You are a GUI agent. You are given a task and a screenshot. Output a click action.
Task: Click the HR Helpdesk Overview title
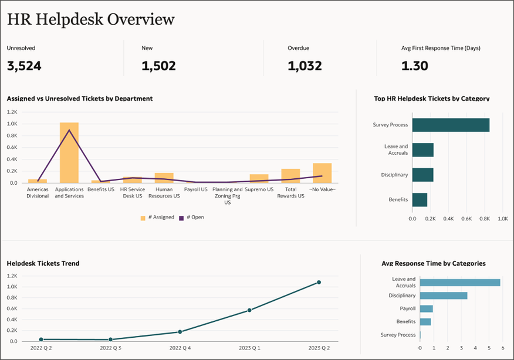[91, 19]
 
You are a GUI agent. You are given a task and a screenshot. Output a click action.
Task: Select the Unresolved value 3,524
[24, 66]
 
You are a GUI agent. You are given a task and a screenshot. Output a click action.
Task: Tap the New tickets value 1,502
[158, 66]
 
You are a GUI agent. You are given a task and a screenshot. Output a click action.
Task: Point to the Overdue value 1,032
[305, 66]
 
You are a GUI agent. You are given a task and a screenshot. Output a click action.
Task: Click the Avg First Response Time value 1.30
[414, 66]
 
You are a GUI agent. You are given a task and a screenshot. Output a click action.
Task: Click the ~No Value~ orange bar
[322, 173]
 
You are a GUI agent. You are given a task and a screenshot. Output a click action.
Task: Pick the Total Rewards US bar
[290, 176]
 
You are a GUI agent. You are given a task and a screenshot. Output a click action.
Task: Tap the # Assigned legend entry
[157, 218]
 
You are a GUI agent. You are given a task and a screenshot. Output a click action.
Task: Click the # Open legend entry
[191, 218]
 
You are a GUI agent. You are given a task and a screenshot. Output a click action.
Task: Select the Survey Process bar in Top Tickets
[450, 125]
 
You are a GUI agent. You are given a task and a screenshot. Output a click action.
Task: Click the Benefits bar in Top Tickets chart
[420, 200]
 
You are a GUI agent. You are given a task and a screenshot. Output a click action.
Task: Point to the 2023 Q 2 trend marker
[319, 282]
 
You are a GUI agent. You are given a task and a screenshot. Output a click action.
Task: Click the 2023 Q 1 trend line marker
[249, 310]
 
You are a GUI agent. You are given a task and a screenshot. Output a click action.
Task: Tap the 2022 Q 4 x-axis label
[180, 348]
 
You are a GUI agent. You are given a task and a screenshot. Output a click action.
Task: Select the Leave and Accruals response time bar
[459, 283]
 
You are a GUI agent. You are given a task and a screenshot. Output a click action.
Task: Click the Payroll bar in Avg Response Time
[426, 308]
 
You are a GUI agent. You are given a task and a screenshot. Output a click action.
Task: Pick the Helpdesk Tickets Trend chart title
[43, 263]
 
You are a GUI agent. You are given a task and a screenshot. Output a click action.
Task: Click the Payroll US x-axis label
[196, 189]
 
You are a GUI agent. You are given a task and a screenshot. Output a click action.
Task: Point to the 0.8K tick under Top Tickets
[485, 218]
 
